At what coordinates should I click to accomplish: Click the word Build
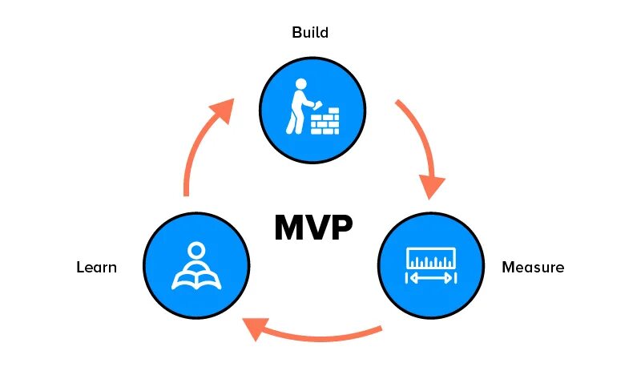[310, 34]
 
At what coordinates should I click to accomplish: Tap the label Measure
[532, 267]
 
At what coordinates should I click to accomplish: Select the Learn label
[96, 267]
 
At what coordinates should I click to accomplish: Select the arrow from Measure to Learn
[312, 334]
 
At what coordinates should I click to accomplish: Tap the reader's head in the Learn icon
[196, 250]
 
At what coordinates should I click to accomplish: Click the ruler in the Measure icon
[431, 258]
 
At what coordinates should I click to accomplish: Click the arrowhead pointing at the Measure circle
[432, 186]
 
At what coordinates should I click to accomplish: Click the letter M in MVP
[289, 228]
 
